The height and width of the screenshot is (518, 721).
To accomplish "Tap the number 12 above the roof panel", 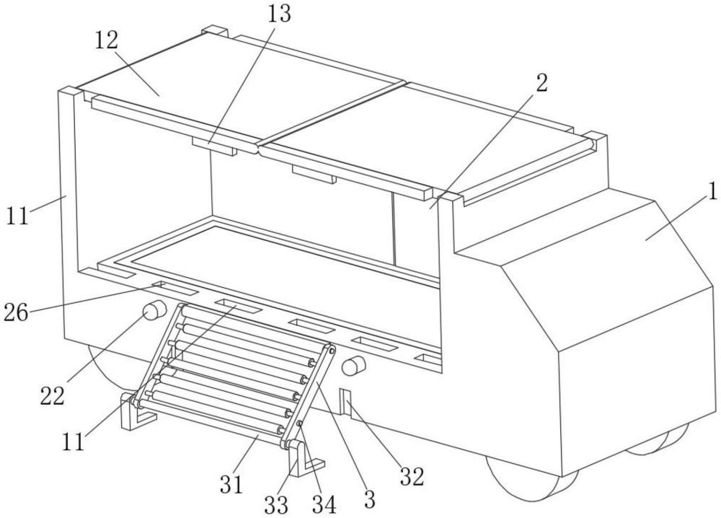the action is pyautogui.click(x=105, y=40).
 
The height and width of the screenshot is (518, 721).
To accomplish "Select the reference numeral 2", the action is pyautogui.click(x=541, y=82).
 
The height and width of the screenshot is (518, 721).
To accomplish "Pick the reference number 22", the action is pyautogui.click(x=53, y=395).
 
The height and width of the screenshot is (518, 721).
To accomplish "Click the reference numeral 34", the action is pyautogui.click(x=323, y=504).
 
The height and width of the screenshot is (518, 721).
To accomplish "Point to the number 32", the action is pyautogui.click(x=412, y=477).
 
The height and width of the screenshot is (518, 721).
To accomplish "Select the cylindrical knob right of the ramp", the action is pyautogui.click(x=353, y=366).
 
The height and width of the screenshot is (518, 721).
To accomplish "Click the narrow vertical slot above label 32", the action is pyautogui.click(x=345, y=404).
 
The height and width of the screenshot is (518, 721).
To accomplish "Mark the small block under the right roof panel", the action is pyautogui.click(x=314, y=174).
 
